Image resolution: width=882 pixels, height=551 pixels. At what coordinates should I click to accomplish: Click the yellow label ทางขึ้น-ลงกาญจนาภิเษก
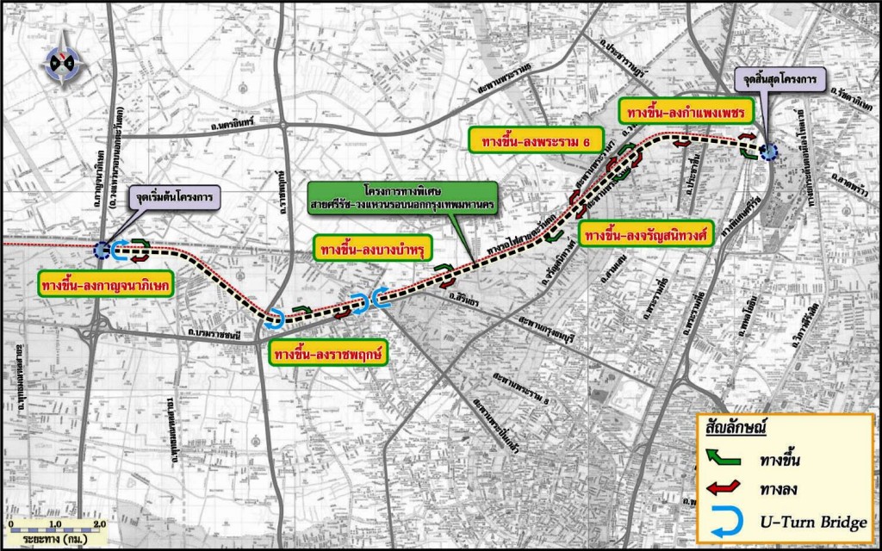pyautogui.click(x=108, y=283)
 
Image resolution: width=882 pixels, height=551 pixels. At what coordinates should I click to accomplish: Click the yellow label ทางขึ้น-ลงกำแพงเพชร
pyautogui.click(x=686, y=111)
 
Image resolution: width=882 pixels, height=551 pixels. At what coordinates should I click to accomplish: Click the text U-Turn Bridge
pyautogui.click(x=809, y=520)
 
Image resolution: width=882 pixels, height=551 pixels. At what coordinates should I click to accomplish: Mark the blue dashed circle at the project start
pyautogui.click(x=102, y=251)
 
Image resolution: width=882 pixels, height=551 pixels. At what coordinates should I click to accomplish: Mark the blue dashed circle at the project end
pyautogui.click(x=768, y=152)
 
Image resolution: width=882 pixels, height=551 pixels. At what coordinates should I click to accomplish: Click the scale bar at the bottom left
pyautogui.click(x=54, y=531)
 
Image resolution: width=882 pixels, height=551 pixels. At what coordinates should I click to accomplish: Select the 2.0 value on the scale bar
pyautogui.click(x=97, y=523)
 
